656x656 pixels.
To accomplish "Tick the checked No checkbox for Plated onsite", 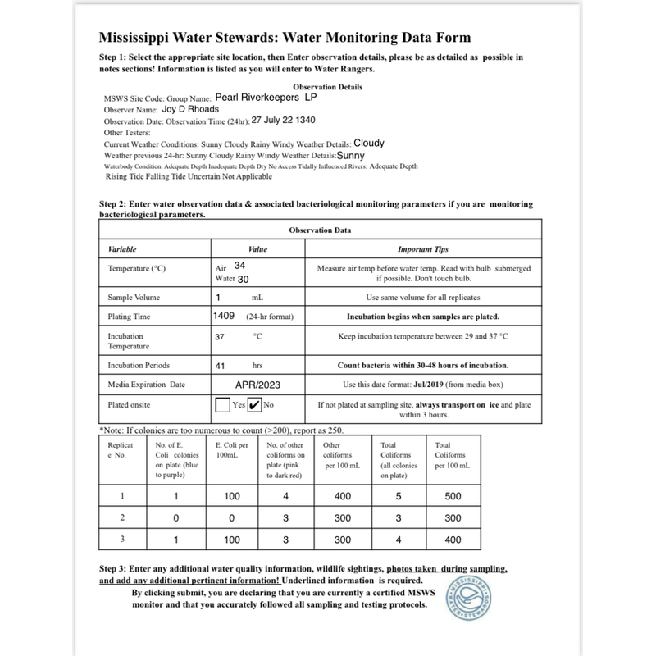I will [x=254, y=404].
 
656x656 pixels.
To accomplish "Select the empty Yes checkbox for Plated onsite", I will [x=222, y=404].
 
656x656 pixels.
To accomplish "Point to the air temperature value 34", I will [x=239, y=266].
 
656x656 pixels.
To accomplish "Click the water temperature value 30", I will [x=243, y=280].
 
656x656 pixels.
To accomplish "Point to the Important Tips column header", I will [x=422, y=248].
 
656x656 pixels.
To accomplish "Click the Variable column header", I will [x=123, y=248].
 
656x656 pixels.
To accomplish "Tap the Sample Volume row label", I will [x=134, y=297].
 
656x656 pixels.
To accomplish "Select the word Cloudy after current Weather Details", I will [x=369, y=143].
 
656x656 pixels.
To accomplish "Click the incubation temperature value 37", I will [x=220, y=336].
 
